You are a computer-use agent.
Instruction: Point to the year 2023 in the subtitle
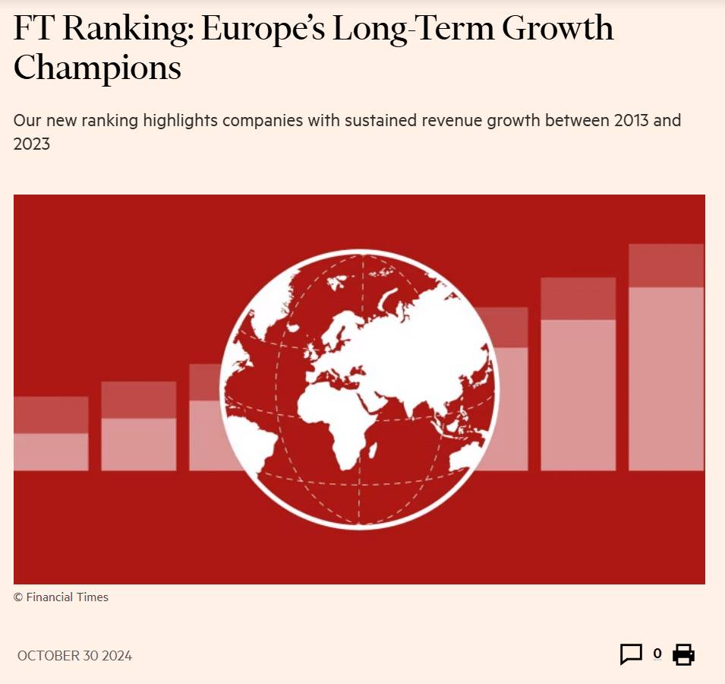click(x=32, y=144)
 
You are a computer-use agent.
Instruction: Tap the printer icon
click(x=683, y=654)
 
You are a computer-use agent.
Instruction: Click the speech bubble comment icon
click(x=631, y=654)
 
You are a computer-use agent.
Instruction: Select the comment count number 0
click(x=657, y=654)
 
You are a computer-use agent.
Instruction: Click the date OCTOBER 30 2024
click(x=74, y=656)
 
